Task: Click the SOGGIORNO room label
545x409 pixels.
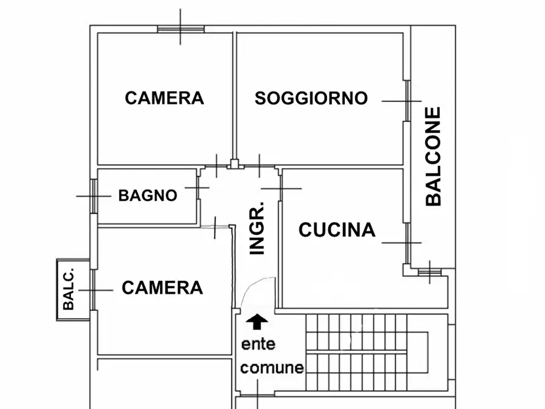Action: (x=311, y=98)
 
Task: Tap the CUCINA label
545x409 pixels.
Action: (x=337, y=230)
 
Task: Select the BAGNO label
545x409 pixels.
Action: (x=148, y=196)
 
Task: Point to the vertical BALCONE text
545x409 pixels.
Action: (x=433, y=156)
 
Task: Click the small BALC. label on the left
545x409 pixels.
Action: (x=68, y=289)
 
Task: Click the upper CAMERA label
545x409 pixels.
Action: (x=164, y=98)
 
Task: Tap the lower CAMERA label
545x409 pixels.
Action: (x=162, y=288)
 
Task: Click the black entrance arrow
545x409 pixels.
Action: (x=258, y=320)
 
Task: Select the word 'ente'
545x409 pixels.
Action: (x=259, y=344)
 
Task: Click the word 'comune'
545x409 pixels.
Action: (x=272, y=368)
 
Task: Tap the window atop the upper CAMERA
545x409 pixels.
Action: (x=181, y=28)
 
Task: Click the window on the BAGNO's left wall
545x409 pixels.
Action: (x=93, y=196)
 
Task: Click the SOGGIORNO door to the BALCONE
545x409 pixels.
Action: (x=406, y=101)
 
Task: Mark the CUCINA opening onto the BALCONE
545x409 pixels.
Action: (x=406, y=242)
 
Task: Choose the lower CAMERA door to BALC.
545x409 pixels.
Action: (x=92, y=289)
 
